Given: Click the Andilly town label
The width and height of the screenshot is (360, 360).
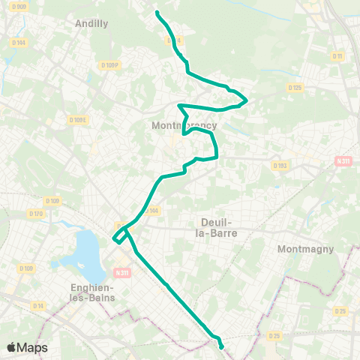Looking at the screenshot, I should click(x=91, y=23).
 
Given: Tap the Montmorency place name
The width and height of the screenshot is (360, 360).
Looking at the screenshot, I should click(x=184, y=125).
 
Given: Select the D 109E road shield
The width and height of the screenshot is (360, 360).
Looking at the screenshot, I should click(x=78, y=119).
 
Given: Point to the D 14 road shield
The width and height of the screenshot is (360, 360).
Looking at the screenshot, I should click(x=39, y=305).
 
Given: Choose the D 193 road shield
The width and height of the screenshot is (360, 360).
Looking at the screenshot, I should click(x=280, y=165).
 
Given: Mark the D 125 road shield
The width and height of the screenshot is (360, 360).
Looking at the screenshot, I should click(x=295, y=88).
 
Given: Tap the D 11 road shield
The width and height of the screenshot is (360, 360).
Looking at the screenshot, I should click(x=337, y=56).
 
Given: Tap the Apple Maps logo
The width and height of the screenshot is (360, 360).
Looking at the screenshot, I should click(x=27, y=347).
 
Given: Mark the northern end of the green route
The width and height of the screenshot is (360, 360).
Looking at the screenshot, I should click(x=156, y=12).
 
